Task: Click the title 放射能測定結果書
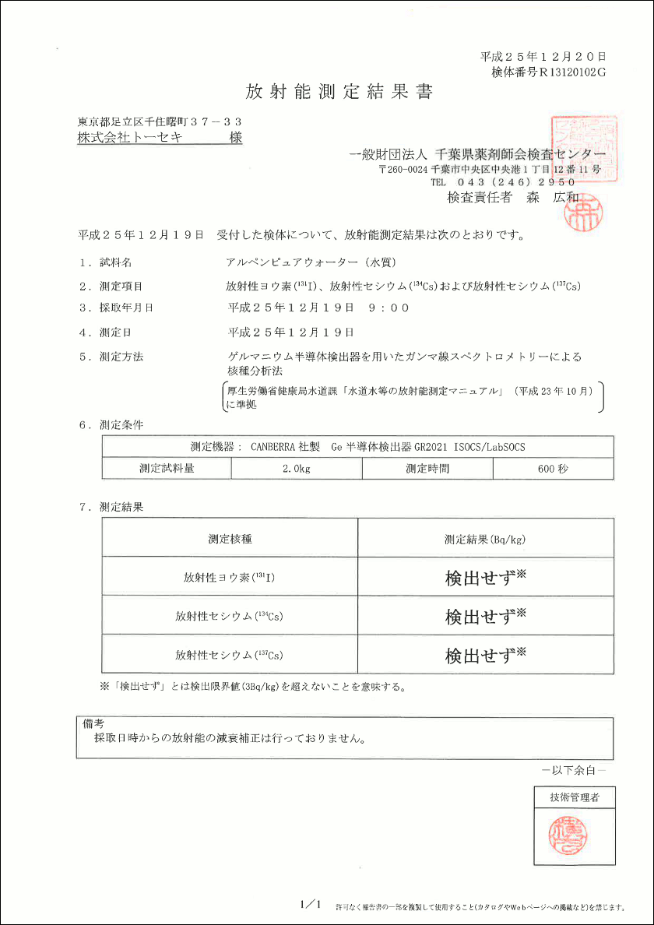pyautogui.click(x=339, y=92)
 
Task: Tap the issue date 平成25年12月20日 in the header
pyautogui.click(x=543, y=57)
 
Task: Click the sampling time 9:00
pyautogui.click(x=389, y=308)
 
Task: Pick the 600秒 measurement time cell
pyautogui.click(x=553, y=469)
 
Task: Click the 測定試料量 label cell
pyautogui.click(x=167, y=469)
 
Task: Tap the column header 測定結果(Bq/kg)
pyautogui.click(x=486, y=538)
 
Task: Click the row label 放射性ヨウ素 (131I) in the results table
pyautogui.click(x=230, y=578)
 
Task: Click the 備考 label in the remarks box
pyautogui.click(x=93, y=723)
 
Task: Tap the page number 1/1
pyautogui.click(x=310, y=904)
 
